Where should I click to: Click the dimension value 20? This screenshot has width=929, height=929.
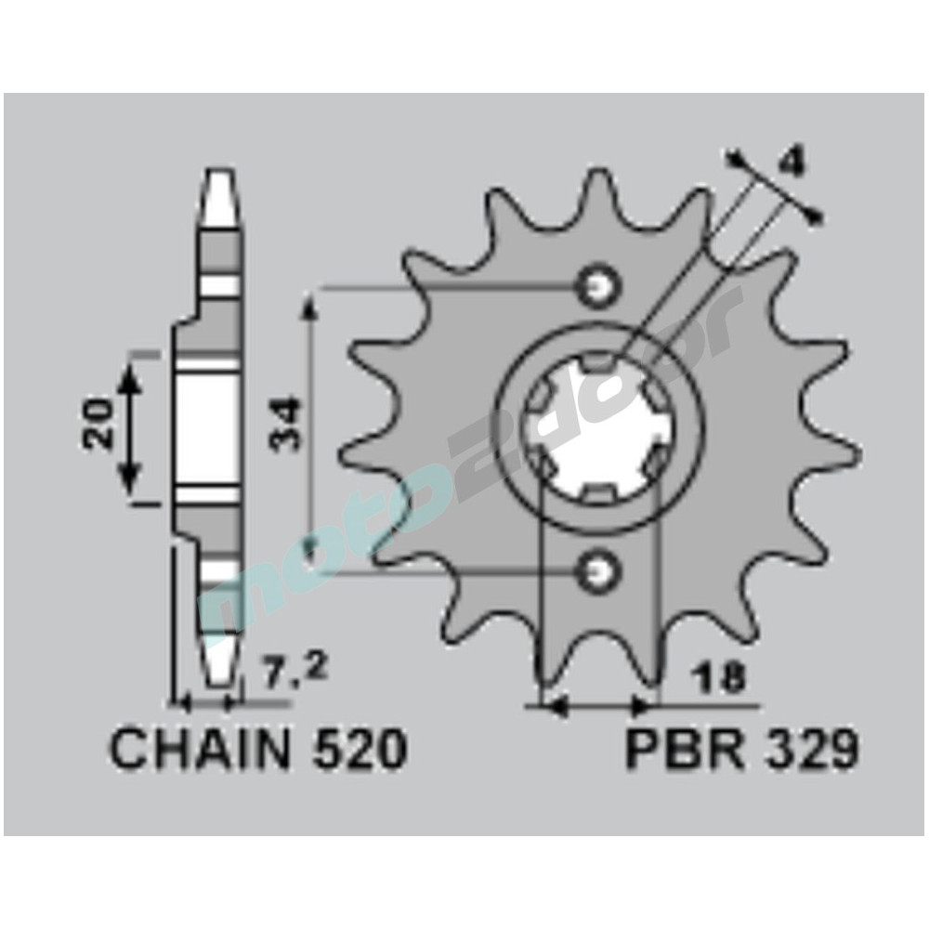97,425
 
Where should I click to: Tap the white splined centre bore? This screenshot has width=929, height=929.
595,427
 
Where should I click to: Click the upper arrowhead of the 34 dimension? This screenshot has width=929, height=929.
312,307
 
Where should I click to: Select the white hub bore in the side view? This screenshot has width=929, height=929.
206,427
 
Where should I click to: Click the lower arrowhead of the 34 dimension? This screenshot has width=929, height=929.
312,556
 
